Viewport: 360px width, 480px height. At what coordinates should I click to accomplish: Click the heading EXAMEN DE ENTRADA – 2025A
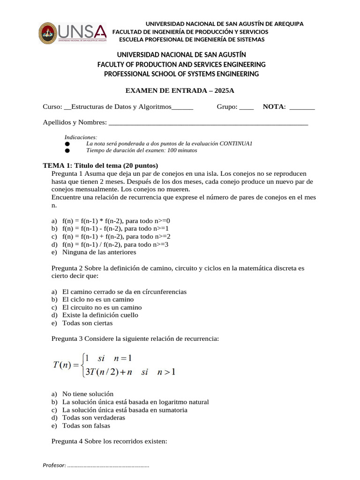click(x=180, y=90)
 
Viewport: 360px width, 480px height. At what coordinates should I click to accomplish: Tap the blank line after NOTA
click(x=302, y=107)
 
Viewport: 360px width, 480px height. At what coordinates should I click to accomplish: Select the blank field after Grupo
click(x=246, y=107)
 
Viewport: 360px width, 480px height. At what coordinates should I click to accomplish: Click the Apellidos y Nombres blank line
click(x=208, y=123)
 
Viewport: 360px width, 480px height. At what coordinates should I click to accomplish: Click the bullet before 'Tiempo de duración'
click(x=67, y=151)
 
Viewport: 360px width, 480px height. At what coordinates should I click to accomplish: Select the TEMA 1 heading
click(x=100, y=165)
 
